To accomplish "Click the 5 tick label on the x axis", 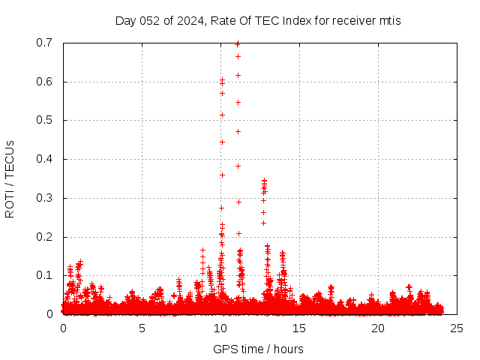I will click(142, 328).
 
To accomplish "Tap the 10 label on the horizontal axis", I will click(220, 328).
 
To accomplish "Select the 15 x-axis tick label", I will click(299, 328).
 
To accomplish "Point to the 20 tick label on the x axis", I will click(378, 328).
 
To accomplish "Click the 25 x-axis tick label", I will click(457, 328).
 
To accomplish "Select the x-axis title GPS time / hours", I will click(258, 349).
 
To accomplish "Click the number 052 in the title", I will click(150, 20).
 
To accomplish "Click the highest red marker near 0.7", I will click(238, 43).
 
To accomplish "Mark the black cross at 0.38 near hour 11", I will click(238, 166).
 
